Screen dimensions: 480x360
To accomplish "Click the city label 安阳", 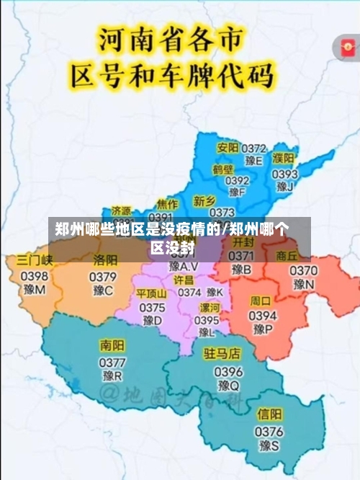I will coord(228,148).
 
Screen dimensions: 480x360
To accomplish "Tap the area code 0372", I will coord(254,148).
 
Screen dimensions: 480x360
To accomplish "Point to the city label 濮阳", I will coord(283,159).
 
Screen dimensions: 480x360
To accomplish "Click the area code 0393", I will coord(284,173).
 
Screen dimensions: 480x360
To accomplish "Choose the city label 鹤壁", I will coord(223,169).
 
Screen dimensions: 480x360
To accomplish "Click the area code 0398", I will coord(35,275).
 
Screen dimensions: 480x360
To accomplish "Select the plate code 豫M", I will coord(34,290).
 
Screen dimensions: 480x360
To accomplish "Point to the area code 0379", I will coord(103,277).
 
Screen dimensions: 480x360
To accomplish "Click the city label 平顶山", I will coord(151,293).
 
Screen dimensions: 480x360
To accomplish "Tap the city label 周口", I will coord(260,301).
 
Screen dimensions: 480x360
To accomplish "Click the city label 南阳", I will coord(112,345).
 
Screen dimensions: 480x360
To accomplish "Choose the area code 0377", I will coord(112,361).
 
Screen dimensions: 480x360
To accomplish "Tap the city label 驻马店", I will coord(222,353).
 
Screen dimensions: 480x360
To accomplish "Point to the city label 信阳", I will coord(270,414).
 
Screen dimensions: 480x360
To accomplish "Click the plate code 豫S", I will coord(269,447).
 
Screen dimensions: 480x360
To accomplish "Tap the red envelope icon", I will coord(345,47).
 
